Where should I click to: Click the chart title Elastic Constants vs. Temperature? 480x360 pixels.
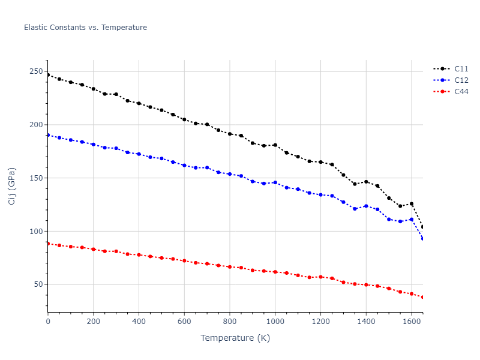[x=85, y=28]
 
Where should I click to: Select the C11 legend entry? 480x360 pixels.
[x=461, y=68]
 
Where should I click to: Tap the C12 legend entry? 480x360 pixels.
[x=461, y=80]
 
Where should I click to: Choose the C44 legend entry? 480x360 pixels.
[x=461, y=91]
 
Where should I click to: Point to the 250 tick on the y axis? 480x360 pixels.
[x=37, y=72]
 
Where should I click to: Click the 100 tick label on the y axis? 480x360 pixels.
[x=37, y=232]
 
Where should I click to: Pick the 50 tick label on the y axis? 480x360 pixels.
[x=38, y=284]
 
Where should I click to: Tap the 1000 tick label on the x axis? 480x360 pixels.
[x=275, y=322]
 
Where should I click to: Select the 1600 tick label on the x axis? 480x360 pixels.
[x=411, y=322]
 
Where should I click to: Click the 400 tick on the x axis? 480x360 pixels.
[x=139, y=322]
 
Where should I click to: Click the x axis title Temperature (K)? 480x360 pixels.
[x=235, y=338]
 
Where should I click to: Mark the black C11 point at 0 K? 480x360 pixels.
[x=48, y=75]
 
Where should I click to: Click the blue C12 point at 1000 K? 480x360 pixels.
[x=275, y=182]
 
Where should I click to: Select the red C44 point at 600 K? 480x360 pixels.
[x=184, y=260]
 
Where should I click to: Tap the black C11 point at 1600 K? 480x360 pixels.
[x=411, y=204]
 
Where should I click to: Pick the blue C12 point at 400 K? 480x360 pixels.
[x=139, y=154]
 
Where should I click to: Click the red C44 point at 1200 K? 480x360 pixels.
[x=320, y=277]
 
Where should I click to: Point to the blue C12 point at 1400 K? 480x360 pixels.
[x=366, y=206]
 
